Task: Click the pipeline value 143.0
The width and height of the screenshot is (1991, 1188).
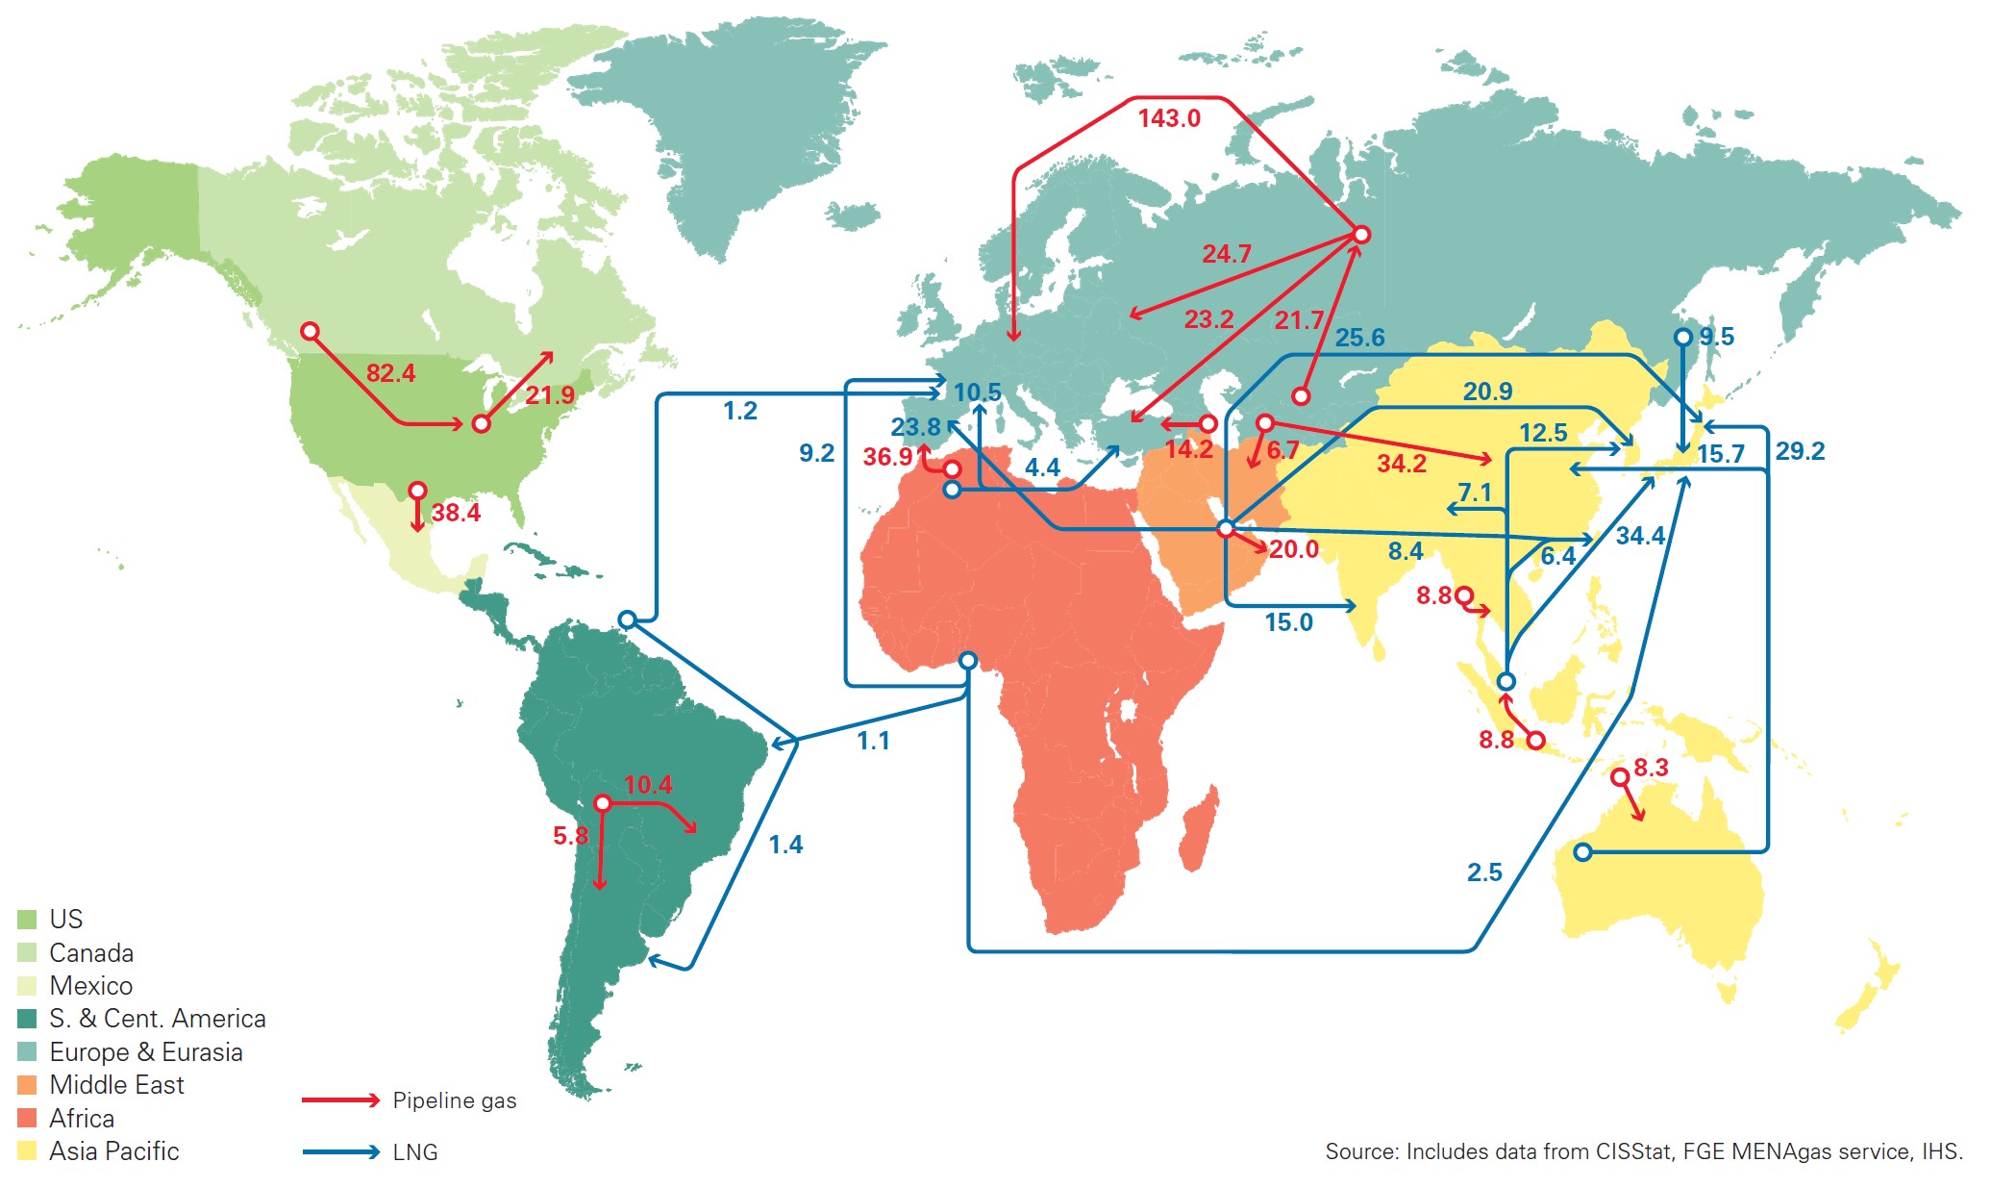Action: click(x=1169, y=118)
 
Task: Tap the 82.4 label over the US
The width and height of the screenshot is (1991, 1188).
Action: click(x=390, y=373)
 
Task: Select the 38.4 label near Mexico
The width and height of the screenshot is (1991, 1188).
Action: click(x=456, y=513)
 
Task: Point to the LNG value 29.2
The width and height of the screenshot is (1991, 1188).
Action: click(x=1800, y=451)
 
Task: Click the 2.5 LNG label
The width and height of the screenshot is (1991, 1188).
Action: click(x=1484, y=872)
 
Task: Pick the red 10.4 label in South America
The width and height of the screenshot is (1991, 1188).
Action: click(x=648, y=785)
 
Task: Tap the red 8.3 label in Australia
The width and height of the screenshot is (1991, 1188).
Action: click(x=1651, y=768)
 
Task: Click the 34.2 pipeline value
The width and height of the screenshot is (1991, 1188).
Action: click(x=1402, y=464)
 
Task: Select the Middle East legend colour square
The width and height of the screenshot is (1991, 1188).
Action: click(x=27, y=1085)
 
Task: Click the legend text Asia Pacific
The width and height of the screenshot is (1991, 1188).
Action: click(x=113, y=1151)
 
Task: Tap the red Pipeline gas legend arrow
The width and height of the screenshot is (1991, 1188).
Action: click(x=340, y=1100)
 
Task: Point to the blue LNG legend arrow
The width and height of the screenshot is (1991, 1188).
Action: click(x=340, y=1151)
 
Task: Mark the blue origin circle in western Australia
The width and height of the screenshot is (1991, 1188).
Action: click(x=1582, y=851)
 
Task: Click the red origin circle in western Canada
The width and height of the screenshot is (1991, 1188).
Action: click(x=310, y=331)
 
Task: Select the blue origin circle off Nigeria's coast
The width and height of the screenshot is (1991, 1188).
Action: click(x=968, y=660)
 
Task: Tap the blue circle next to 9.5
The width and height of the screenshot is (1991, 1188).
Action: click(x=1682, y=337)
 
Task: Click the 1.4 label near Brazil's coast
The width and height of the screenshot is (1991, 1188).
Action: click(x=785, y=845)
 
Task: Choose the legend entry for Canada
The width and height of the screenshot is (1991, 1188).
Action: click(x=91, y=953)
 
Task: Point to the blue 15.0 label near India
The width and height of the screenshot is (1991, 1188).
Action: click(x=1288, y=622)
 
